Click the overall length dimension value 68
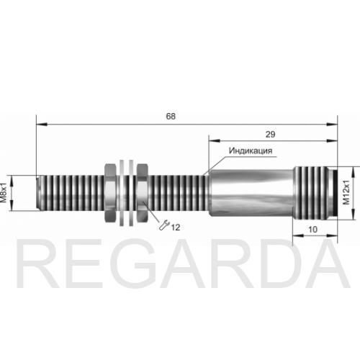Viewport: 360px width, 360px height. (x=171, y=116)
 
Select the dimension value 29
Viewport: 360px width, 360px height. (x=270, y=134)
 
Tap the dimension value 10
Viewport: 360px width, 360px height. (x=312, y=230)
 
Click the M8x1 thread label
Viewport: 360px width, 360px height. (x=4, y=193)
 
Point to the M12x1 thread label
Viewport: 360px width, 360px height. (x=346, y=192)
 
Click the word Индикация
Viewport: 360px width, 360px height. (x=251, y=150)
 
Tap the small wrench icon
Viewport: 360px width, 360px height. (x=164, y=225)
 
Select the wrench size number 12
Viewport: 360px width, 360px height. (x=176, y=228)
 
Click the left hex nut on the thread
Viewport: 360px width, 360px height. (x=111, y=193)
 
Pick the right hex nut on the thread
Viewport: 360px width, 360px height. (x=142, y=193)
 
